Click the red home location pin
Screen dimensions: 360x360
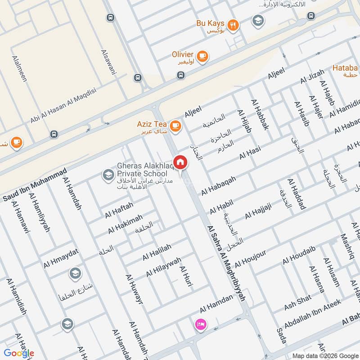click(x=180, y=162)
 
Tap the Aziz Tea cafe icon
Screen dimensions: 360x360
click(x=175, y=126)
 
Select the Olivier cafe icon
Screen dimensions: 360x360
click(x=202, y=55)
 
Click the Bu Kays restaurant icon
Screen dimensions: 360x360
click(x=233, y=25)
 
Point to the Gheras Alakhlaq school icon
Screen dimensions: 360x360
click(x=108, y=175)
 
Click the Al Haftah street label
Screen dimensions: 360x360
click(x=119, y=210)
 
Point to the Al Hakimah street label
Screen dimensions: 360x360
click(x=125, y=224)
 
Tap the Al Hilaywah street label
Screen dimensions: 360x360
click(x=163, y=267)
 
